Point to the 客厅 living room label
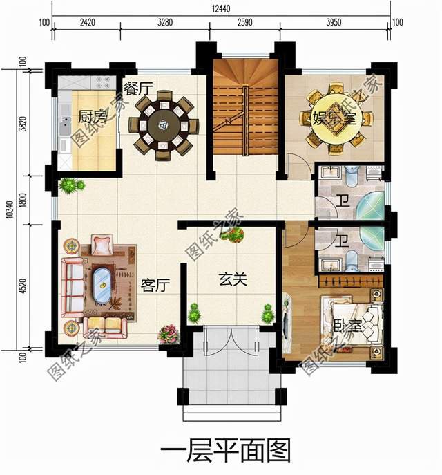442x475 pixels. click(x=155, y=285)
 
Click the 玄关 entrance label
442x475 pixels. click(x=233, y=280)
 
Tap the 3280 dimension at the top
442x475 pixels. click(x=164, y=23)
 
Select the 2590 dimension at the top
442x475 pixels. click(x=244, y=23)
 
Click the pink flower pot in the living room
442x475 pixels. click(x=168, y=334)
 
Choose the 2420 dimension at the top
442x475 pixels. click(x=87, y=23)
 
